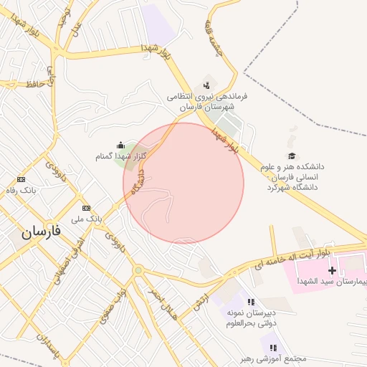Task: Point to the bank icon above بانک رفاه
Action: [x=21, y=178]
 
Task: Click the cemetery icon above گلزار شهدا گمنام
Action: [x=120, y=145]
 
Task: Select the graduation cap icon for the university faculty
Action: [x=291, y=156]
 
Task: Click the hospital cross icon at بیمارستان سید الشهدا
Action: [x=332, y=270]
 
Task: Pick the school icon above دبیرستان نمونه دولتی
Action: [x=250, y=302]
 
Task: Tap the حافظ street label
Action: [x=34, y=85]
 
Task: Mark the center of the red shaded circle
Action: [x=183, y=183]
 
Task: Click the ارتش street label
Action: [x=199, y=303]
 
